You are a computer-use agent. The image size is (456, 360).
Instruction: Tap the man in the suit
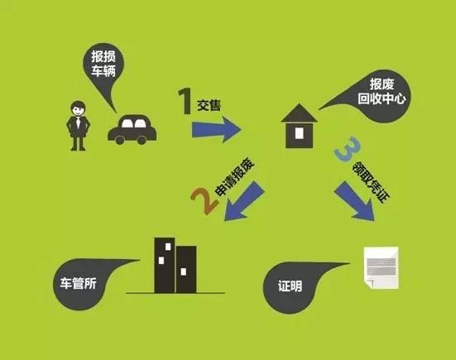[78, 126]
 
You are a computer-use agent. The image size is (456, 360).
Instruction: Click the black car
[132, 129]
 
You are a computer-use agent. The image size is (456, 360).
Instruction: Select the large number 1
[185, 101]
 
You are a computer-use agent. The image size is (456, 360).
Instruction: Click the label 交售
[209, 105]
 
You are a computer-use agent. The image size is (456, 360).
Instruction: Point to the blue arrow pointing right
[216, 129]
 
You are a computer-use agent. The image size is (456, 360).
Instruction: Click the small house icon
[300, 126]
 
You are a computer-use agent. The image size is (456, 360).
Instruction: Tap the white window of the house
[300, 133]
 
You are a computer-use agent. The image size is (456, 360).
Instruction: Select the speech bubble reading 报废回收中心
[375, 96]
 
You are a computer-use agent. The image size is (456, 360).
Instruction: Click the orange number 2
[204, 200]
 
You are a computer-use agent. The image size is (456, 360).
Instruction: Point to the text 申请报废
[235, 177]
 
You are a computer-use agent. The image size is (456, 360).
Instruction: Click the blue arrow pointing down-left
[243, 201]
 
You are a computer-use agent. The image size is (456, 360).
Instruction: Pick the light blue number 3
[348, 149]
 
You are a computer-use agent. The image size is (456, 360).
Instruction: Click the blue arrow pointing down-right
[354, 201]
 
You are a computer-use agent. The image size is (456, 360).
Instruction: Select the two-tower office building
[175, 265]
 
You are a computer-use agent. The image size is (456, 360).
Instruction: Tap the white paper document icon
[381, 267]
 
